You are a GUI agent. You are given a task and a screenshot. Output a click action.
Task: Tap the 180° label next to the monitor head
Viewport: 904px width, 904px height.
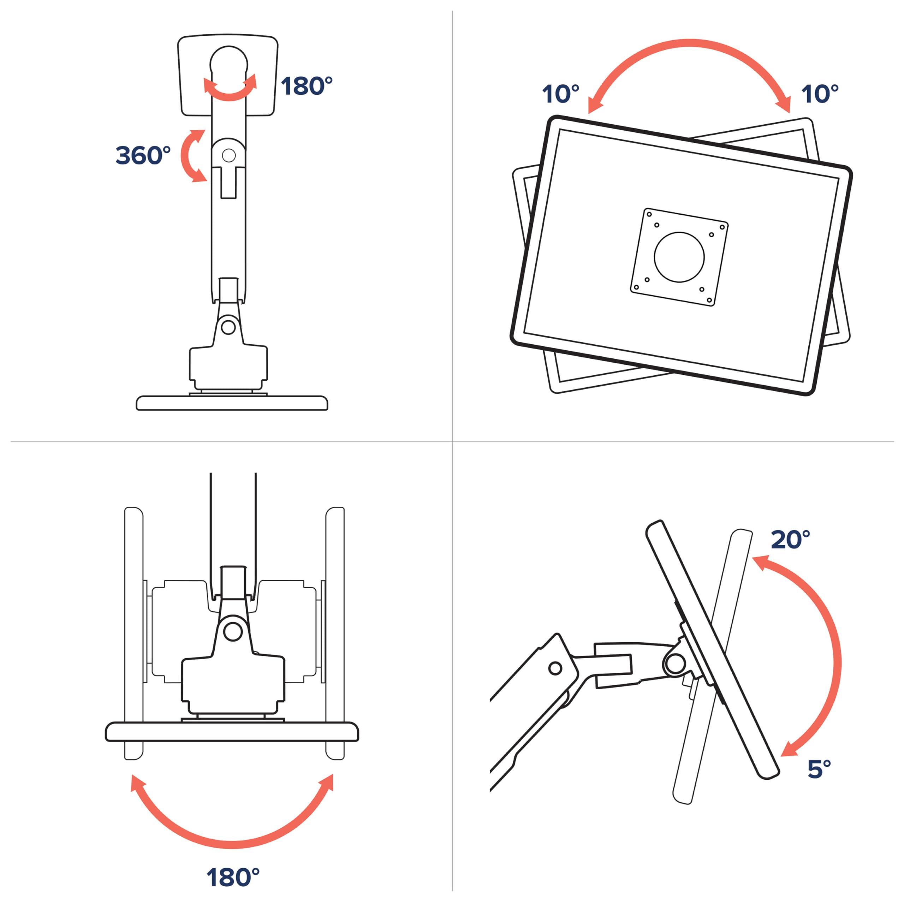pos(307,86)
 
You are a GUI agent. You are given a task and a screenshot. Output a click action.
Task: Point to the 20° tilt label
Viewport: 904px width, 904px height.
pos(790,540)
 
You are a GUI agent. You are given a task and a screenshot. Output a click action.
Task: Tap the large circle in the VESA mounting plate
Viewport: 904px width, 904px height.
pos(679,257)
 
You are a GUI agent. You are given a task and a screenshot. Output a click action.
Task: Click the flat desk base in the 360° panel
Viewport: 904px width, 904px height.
pos(232,403)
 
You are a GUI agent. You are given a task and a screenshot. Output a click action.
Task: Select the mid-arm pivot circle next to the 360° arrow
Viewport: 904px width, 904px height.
pos(229,155)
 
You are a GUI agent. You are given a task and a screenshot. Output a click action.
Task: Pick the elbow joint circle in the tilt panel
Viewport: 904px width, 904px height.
pos(555,668)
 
